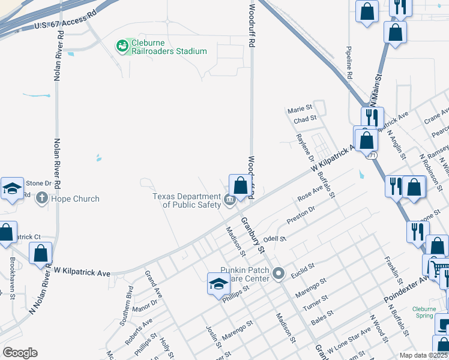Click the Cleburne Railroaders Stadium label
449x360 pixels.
[x=170, y=51]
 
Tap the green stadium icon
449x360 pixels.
[x=122, y=46]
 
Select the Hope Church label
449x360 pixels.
[x=76, y=199]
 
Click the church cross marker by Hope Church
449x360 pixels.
[x=42, y=198]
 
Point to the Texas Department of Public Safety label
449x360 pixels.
[x=186, y=200]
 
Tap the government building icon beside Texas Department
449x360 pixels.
[x=230, y=200]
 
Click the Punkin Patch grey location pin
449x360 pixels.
[x=278, y=274]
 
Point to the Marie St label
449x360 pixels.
[x=301, y=109]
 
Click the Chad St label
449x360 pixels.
[x=305, y=119]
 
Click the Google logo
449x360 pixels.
[x=20, y=352]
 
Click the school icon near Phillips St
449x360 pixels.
[x=218, y=283]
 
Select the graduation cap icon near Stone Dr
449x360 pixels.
[x=11, y=188]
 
